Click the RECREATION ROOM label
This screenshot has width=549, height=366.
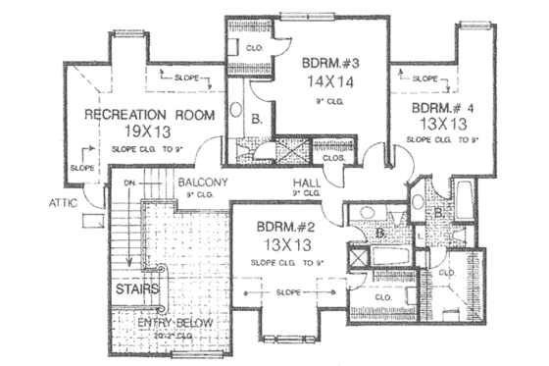pyautogui.click(x=150, y=115)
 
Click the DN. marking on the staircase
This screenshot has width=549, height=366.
pyautogui.click(x=128, y=183)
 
